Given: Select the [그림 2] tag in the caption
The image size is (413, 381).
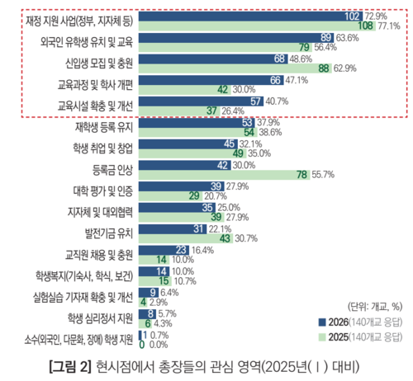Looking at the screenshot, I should tap(69, 365).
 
